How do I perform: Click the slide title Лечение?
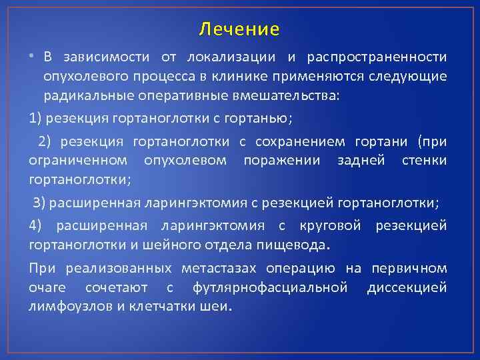[239, 29]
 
